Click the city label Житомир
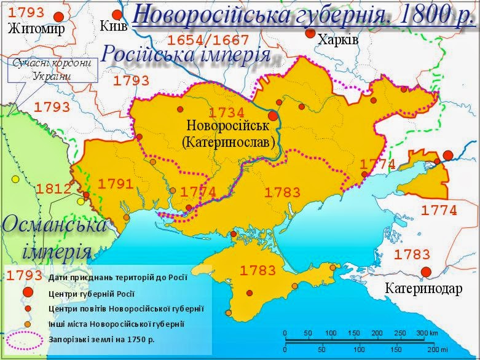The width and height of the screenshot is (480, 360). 36,29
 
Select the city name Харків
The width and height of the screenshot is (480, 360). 336,40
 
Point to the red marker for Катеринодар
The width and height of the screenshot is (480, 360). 425,273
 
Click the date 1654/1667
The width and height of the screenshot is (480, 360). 208,41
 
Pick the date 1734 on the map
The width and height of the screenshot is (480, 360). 227,112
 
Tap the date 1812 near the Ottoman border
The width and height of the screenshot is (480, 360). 53,188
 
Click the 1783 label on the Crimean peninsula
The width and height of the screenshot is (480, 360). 259,270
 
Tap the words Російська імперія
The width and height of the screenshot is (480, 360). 186,54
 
